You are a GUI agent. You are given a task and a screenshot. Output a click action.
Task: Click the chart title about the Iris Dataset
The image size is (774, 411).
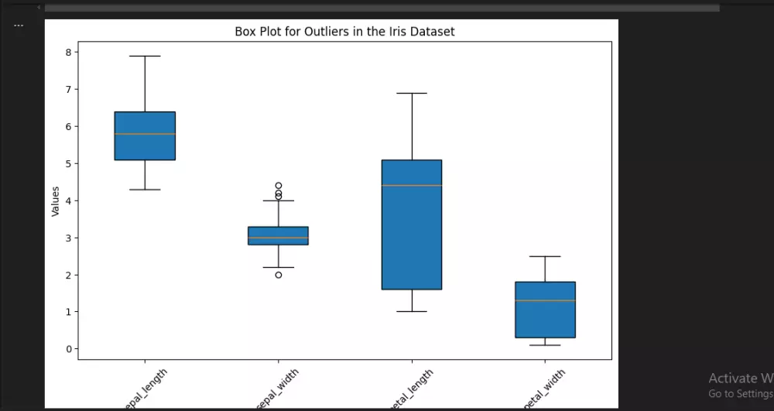(x=344, y=32)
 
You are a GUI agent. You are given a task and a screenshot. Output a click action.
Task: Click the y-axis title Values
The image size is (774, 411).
(x=55, y=200)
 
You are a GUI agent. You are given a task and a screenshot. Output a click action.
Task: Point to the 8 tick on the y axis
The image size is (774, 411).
(x=68, y=52)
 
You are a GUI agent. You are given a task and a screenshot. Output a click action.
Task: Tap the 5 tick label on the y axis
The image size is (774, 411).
(x=68, y=163)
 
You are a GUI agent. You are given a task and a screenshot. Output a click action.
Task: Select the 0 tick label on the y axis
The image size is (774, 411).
(x=68, y=349)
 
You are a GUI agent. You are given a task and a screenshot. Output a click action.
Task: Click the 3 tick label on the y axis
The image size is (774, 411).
(x=68, y=238)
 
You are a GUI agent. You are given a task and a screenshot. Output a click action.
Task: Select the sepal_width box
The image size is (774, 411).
(x=278, y=235)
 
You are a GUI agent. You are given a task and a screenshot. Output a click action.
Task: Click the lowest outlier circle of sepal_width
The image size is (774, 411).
(x=279, y=275)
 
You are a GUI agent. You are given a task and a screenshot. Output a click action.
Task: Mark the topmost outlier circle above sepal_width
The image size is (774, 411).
(x=279, y=186)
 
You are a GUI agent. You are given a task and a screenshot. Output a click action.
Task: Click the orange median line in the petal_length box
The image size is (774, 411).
(x=412, y=185)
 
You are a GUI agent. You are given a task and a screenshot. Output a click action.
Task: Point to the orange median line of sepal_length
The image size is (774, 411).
(x=145, y=134)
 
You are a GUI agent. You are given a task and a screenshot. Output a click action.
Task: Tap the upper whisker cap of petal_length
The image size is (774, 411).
(x=412, y=93)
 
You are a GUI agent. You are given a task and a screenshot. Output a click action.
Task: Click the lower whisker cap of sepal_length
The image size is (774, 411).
(x=145, y=190)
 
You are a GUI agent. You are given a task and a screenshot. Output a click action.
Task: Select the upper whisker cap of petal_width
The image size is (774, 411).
(x=545, y=256)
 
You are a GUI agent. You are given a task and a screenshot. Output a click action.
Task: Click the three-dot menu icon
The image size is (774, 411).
(x=19, y=25)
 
